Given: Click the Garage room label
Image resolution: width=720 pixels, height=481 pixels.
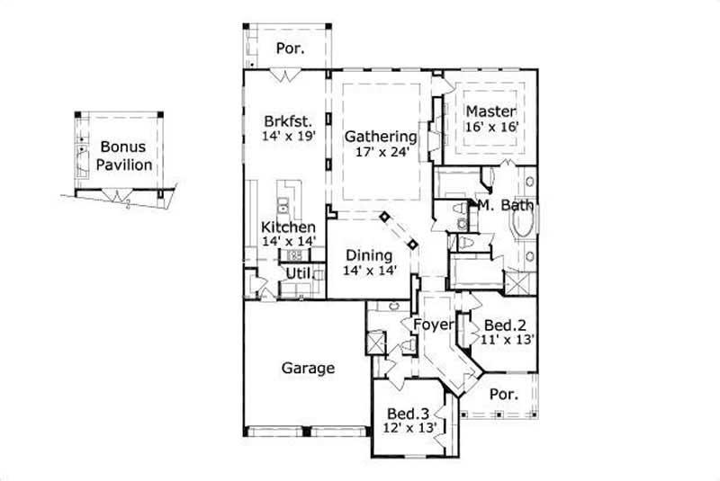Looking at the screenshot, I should click(x=308, y=368).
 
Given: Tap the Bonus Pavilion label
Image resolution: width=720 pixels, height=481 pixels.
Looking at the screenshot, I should click(x=125, y=156).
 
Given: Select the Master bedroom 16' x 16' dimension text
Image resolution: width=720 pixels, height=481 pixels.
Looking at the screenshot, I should click(x=491, y=128).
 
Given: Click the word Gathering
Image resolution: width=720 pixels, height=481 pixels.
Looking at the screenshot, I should click(x=381, y=137).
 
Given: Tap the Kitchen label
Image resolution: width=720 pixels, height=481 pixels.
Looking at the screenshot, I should click(x=288, y=227).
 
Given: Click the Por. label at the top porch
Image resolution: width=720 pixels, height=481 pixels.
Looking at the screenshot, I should click(x=289, y=49).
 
